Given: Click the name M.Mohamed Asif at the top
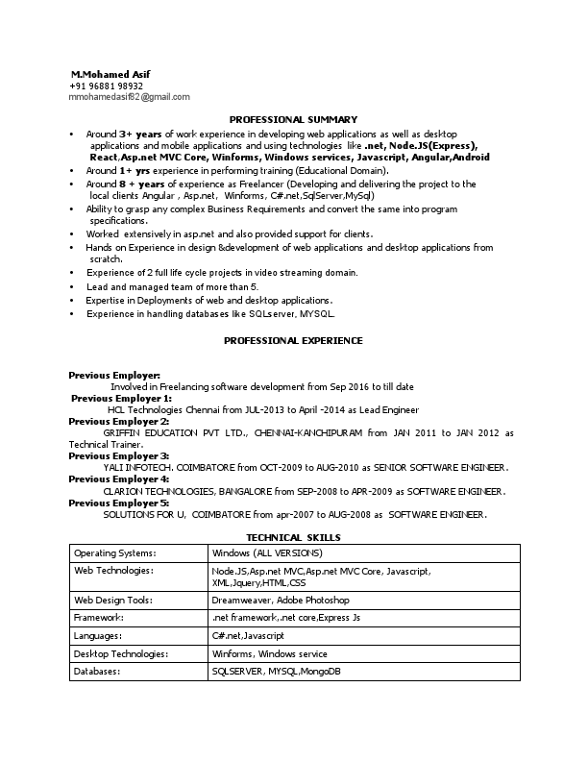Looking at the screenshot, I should [110, 74].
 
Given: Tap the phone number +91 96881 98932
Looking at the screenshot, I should [107, 86].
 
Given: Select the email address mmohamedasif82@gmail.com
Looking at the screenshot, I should [130, 97].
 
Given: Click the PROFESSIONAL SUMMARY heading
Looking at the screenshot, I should [293, 118].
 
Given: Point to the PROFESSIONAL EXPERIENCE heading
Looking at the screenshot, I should [293, 340].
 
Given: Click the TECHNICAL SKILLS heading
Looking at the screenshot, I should [293, 537].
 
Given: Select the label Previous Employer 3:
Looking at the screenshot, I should [119, 455].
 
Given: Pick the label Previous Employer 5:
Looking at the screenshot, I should [119, 503].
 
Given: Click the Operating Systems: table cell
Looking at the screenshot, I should [114, 553].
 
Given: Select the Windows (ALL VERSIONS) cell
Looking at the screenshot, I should [267, 553].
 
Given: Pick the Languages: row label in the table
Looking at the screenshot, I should [99, 635].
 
